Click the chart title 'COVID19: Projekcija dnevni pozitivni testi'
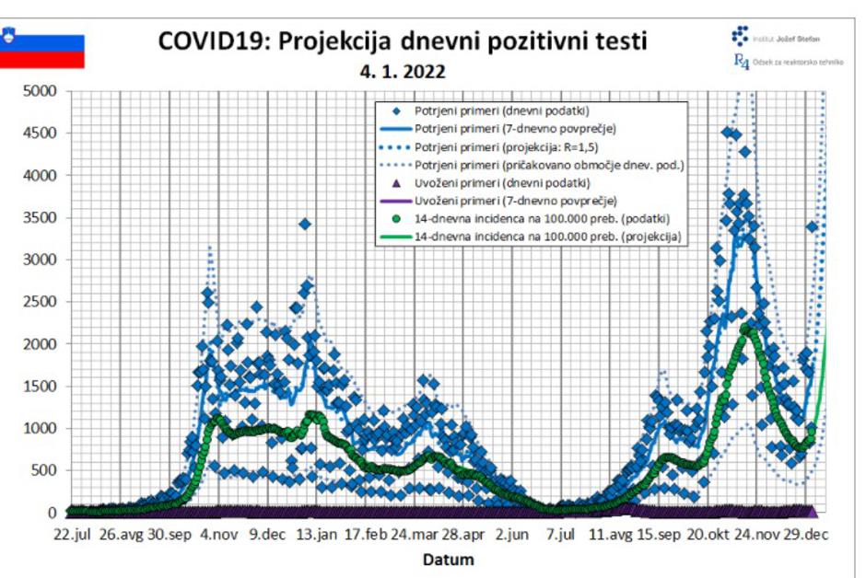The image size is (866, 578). click(403, 41)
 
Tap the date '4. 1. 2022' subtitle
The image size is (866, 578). click(404, 72)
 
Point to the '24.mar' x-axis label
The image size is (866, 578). click(413, 534)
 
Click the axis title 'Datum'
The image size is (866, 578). click(449, 559)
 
